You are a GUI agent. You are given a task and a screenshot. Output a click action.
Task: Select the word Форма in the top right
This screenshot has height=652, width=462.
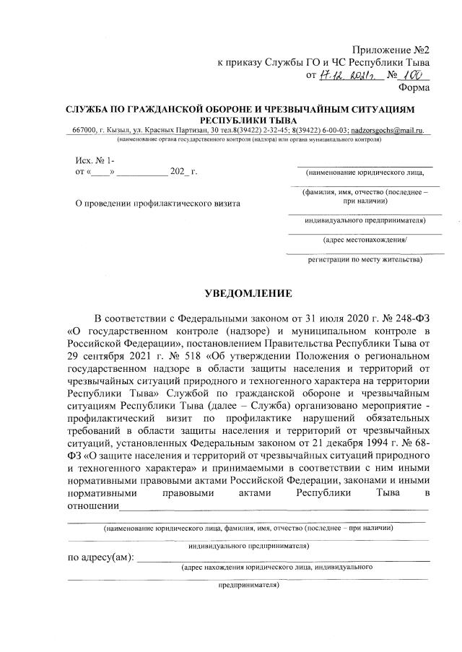pyautogui.click(x=414, y=88)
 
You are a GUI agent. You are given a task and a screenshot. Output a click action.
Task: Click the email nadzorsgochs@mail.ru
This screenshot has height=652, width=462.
pyautogui.click(x=386, y=129)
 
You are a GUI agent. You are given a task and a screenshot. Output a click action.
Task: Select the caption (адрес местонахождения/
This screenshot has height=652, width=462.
pyautogui.click(x=365, y=238)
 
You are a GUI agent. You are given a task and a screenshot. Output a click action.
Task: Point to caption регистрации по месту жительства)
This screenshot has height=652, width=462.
pyautogui.click(x=365, y=257)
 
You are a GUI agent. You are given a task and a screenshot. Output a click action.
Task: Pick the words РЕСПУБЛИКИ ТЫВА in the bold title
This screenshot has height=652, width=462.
pyautogui.click(x=250, y=118)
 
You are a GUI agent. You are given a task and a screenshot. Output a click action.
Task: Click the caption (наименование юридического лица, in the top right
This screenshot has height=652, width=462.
pyautogui.click(x=365, y=173)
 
